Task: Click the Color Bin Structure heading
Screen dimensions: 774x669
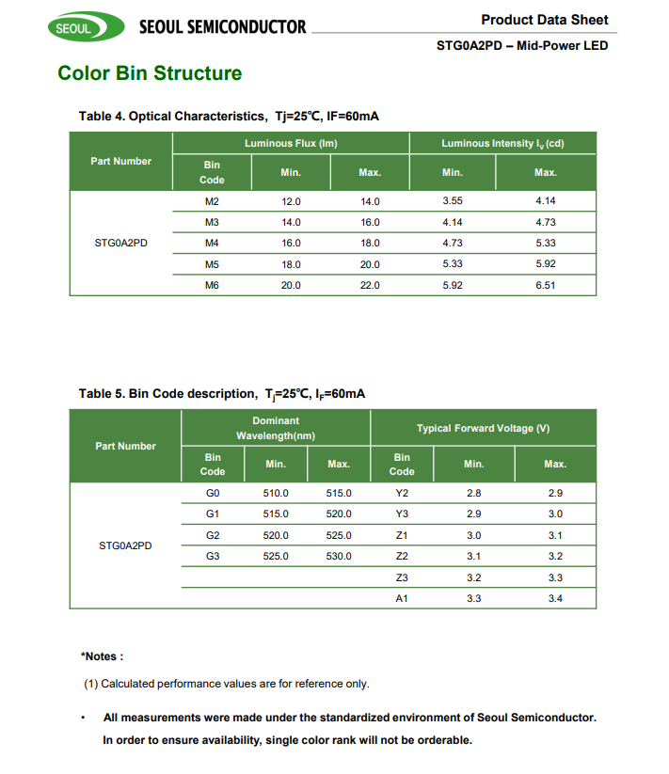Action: (x=150, y=73)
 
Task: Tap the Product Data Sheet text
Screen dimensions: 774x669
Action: (x=544, y=20)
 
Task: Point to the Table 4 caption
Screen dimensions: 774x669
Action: (x=229, y=116)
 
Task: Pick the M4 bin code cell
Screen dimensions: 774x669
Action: (x=212, y=243)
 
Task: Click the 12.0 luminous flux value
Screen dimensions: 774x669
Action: (x=291, y=201)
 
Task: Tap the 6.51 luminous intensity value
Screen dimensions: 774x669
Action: (x=545, y=284)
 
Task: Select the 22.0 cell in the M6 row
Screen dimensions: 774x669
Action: (x=370, y=284)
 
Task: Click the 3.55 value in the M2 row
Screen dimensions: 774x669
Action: (x=453, y=201)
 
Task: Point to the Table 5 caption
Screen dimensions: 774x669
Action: (x=222, y=393)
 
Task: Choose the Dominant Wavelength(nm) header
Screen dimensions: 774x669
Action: (x=276, y=428)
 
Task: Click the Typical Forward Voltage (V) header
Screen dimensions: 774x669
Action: (x=483, y=428)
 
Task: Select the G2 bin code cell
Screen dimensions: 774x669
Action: (x=213, y=535)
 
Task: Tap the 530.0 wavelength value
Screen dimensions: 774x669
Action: (x=339, y=556)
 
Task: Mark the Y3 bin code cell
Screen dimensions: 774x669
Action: (x=402, y=513)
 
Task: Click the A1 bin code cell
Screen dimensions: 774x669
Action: (x=402, y=598)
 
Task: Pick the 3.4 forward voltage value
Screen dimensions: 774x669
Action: (x=555, y=598)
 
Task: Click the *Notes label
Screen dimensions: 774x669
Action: (x=103, y=656)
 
